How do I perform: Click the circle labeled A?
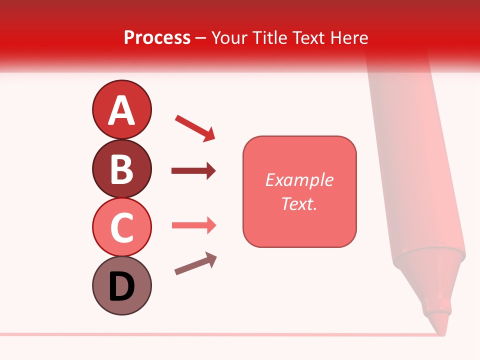[121, 109]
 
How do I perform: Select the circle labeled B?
[121, 168]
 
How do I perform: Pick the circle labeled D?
[121, 285]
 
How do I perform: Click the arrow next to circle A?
[195, 127]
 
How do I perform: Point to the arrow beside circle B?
[193, 171]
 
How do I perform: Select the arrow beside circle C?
[193, 225]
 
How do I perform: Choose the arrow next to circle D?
[195, 263]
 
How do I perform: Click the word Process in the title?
[157, 37]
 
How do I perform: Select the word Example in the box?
[299, 180]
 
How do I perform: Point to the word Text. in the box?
[299, 203]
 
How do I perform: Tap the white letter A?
[121, 110]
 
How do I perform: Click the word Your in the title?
[231, 37]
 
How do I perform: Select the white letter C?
[121, 227]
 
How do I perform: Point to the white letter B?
[121, 169]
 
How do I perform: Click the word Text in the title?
[306, 37]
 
